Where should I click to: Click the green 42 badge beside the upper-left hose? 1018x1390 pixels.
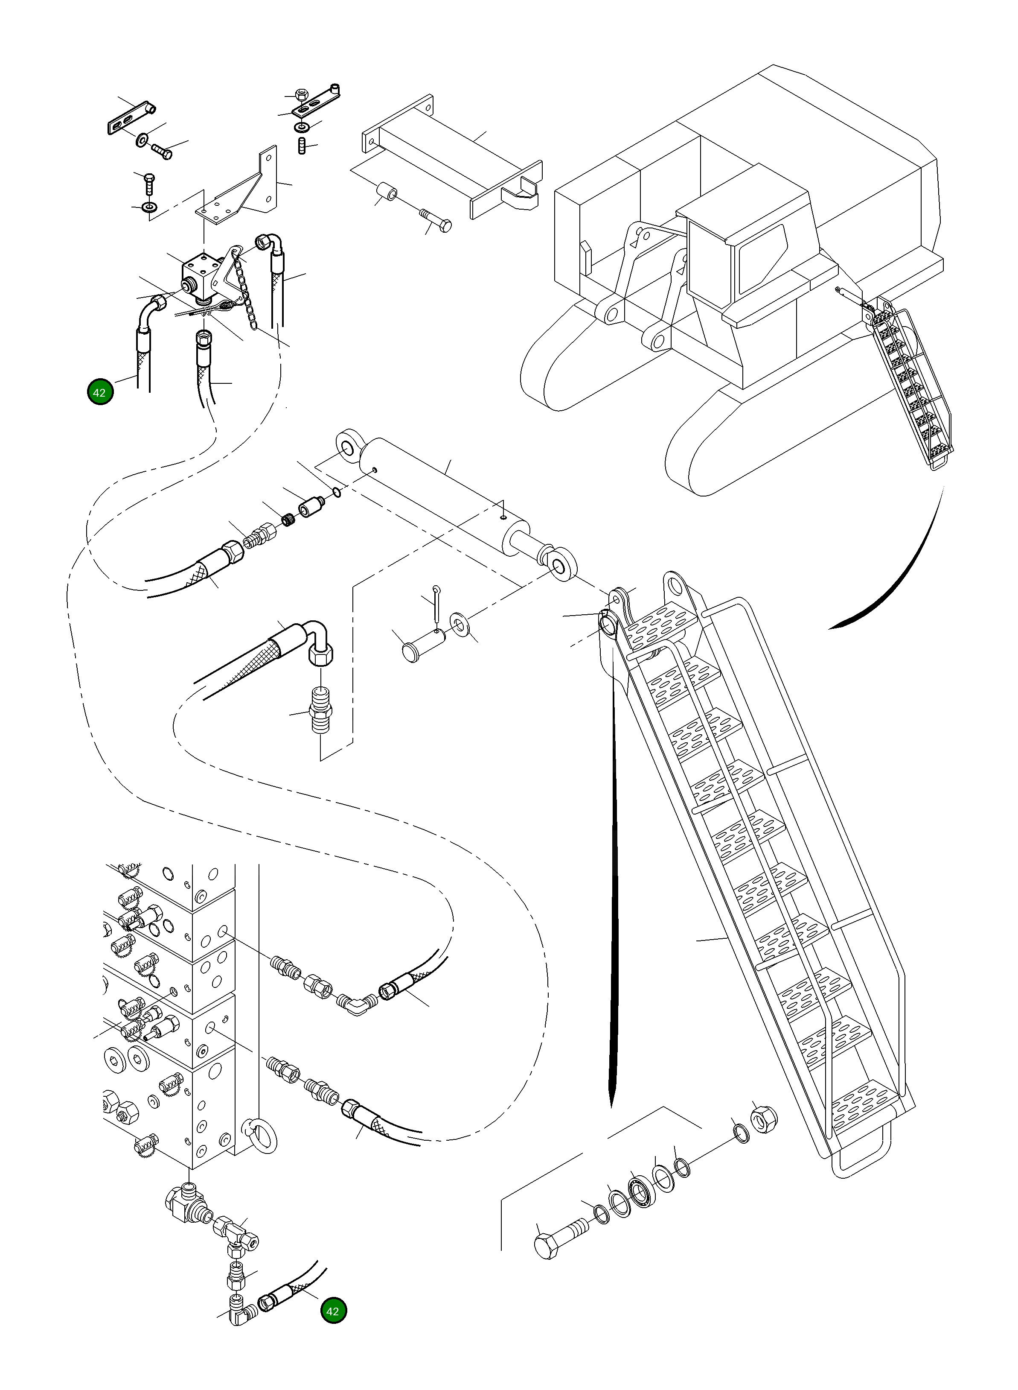click(100, 392)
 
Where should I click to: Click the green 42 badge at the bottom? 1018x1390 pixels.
click(333, 1311)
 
